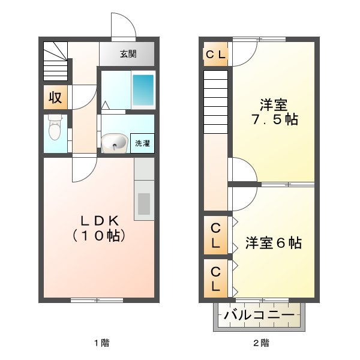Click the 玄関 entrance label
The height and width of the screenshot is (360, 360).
click(x=128, y=54)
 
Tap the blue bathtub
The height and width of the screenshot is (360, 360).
click(x=143, y=90)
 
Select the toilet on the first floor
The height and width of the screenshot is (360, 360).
click(x=55, y=127)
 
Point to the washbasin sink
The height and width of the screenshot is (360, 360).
click(x=115, y=143)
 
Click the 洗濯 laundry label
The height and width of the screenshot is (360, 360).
click(x=142, y=143)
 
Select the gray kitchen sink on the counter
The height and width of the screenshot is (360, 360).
click(x=144, y=204)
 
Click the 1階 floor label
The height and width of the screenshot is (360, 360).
click(x=101, y=343)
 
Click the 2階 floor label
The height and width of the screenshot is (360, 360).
click(x=261, y=343)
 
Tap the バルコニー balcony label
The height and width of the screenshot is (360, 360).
click(x=259, y=315)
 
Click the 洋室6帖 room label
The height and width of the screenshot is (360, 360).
click(x=273, y=243)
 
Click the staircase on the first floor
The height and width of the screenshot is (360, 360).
click(x=56, y=62)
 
